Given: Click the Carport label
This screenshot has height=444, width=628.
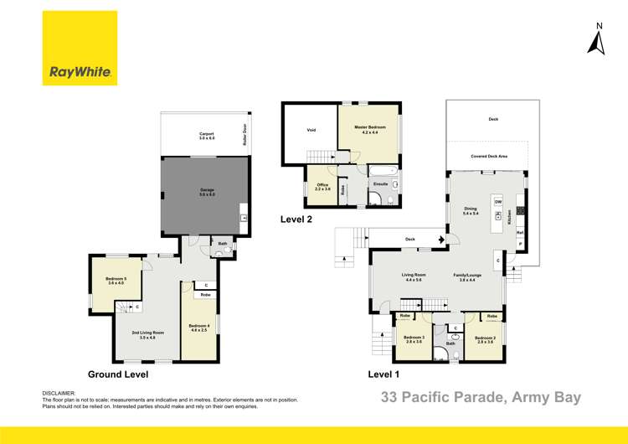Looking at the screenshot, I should click(207, 134).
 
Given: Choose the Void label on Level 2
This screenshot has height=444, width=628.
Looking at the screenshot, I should click(311, 130).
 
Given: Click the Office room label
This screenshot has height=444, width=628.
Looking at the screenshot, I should click(322, 186).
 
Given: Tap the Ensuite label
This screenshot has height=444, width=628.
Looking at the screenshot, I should click(380, 183).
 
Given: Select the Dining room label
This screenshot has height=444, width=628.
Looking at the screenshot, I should click(470, 211).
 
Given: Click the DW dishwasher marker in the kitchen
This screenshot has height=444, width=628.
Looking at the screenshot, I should click(497, 203).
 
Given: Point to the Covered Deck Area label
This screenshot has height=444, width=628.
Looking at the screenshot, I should click(487, 156).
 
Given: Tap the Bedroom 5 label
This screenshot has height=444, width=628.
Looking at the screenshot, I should click(116, 280).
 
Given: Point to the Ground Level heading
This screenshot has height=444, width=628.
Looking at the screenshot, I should click(118, 374).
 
